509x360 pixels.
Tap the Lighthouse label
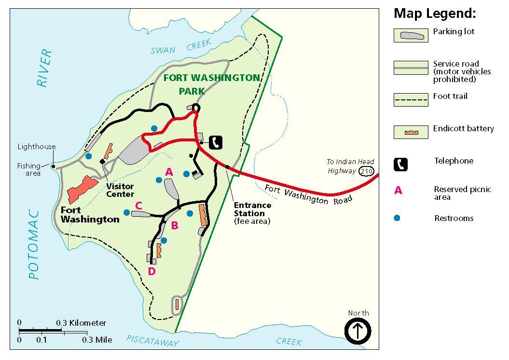pyautogui.click(x=37, y=147)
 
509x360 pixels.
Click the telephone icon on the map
pyautogui.click(x=216, y=141)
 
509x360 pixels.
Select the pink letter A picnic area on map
pyautogui.click(x=169, y=171)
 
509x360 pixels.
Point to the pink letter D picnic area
pyautogui.click(x=151, y=272)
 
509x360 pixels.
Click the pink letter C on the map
pyautogui.click(x=138, y=206)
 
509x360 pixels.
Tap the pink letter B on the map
pyautogui.click(x=175, y=225)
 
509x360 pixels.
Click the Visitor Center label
pyautogui.click(x=120, y=190)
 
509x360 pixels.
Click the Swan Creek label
pyautogui.click(x=181, y=47)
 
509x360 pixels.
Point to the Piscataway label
pyautogui.click(x=152, y=341)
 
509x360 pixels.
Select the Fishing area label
pyautogui.click(x=29, y=169)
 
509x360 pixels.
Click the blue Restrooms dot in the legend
pyautogui.click(x=397, y=218)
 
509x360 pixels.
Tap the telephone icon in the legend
pyautogui.click(x=400, y=165)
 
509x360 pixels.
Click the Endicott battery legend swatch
pyautogui.click(x=411, y=132)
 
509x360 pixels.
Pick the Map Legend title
pyautogui.click(x=435, y=14)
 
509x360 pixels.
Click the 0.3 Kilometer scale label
pyautogui.click(x=81, y=323)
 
